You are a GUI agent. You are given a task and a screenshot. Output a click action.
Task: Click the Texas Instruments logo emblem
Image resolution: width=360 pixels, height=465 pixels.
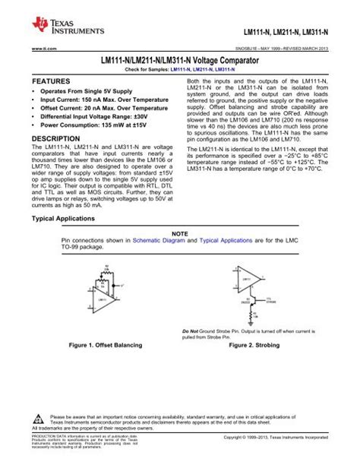point(39,26)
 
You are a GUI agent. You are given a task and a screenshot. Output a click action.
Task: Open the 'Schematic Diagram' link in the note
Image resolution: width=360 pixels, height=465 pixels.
point(156,239)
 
